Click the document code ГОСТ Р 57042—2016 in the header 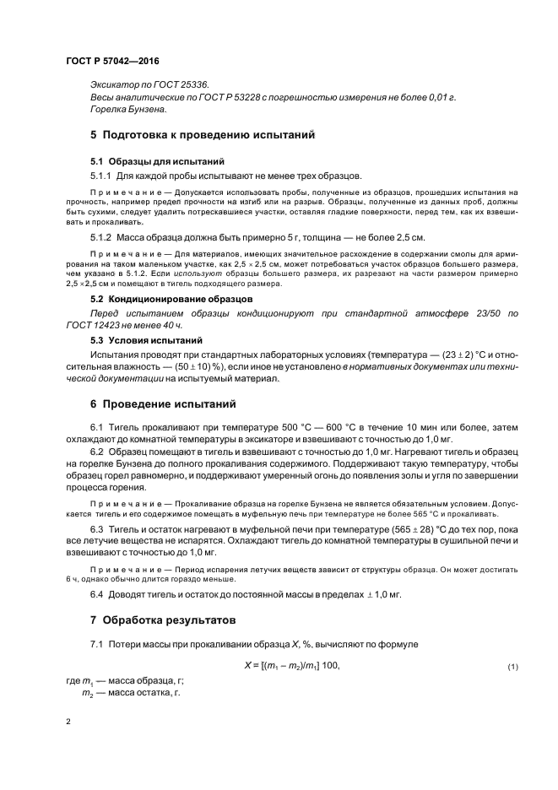(x=112, y=62)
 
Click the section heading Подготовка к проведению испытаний (x=209, y=134)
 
